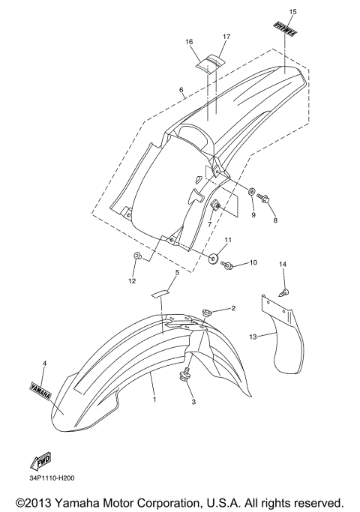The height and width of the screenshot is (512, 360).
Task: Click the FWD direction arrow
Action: coord(40,462)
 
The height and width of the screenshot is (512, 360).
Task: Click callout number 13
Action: coord(253,337)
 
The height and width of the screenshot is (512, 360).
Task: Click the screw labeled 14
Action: coord(285,292)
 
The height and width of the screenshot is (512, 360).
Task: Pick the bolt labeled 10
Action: coord(226,265)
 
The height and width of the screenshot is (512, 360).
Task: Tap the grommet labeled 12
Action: coord(137,256)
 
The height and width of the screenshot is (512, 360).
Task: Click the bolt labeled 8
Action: coord(263,198)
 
